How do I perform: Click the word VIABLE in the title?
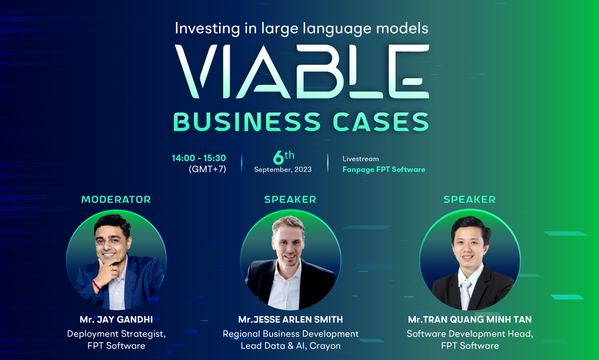tap(302, 71)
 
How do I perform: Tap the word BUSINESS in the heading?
tap(247, 122)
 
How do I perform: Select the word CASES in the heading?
tap(381, 122)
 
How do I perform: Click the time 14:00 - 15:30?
tap(199, 158)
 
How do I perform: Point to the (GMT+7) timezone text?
tap(207, 169)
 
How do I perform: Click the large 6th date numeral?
tap(283, 157)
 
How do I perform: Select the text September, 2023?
tap(283, 170)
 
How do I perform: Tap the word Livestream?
tap(360, 159)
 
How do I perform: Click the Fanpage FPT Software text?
tap(384, 170)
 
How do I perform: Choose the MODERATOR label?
tap(116, 200)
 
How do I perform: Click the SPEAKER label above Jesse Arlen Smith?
tap(290, 200)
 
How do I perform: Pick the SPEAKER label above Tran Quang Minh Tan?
tap(470, 200)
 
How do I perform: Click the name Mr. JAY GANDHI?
tap(116, 320)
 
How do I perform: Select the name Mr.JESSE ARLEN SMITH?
tap(291, 320)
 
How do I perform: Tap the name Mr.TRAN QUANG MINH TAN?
tap(470, 320)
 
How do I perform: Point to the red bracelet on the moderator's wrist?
tap(96, 285)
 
